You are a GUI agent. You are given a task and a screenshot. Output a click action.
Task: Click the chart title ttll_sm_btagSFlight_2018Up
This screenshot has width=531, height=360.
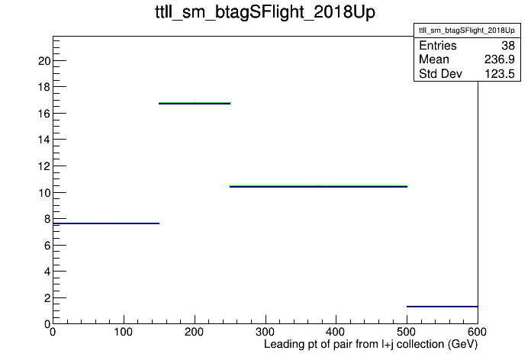(265, 12)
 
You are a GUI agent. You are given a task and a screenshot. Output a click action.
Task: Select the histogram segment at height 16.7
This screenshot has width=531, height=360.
(195, 103)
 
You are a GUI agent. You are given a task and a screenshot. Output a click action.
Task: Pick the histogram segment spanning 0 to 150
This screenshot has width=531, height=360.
(106, 223)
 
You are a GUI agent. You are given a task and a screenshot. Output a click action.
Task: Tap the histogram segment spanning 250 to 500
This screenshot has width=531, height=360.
(318, 186)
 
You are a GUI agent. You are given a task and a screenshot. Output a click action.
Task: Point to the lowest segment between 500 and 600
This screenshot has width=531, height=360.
(443, 307)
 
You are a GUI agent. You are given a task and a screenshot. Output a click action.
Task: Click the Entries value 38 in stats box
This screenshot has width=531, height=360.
(508, 45)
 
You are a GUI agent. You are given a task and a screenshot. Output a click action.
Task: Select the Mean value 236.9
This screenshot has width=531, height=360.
(499, 59)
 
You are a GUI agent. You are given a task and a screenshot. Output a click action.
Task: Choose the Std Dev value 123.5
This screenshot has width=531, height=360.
(500, 73)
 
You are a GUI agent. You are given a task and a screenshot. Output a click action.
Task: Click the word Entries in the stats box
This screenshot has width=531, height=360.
(437, 45)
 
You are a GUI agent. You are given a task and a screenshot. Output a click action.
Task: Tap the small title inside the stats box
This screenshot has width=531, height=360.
(467, 31)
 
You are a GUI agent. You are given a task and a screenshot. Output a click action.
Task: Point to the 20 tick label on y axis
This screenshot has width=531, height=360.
(44, 61)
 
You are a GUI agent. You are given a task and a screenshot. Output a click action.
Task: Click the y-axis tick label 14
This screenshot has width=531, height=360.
(44, 140)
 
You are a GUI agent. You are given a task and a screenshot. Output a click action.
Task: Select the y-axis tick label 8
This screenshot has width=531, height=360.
(47, 219)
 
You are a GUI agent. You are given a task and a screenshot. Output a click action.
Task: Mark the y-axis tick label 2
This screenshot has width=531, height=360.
(47, 298)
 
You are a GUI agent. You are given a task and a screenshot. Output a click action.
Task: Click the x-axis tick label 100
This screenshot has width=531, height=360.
(124, 332)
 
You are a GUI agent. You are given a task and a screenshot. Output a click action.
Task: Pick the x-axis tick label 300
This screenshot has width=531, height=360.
(265, 332)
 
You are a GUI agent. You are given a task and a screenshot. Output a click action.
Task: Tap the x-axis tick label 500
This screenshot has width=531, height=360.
(407, 332)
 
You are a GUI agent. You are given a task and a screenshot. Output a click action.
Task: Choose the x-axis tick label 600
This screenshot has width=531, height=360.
(477, 332)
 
